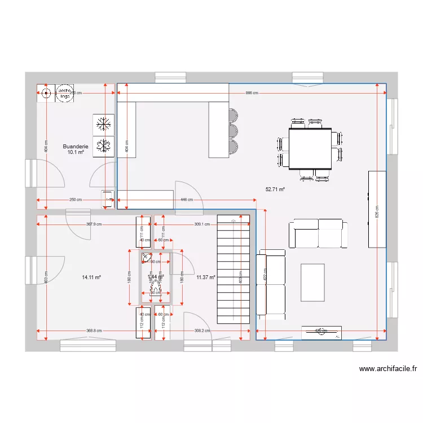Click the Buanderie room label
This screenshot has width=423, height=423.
(76, 146)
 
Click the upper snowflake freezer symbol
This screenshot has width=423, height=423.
(103, 124)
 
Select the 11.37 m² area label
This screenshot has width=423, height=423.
(206, 277)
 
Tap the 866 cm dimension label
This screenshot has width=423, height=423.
(252, 93)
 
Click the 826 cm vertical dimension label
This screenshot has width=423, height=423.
(377, 211)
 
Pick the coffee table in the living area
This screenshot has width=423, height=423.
(312, 283)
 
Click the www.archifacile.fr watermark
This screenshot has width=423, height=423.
(388, 369)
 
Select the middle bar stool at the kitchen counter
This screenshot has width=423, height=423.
(233, 131)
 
